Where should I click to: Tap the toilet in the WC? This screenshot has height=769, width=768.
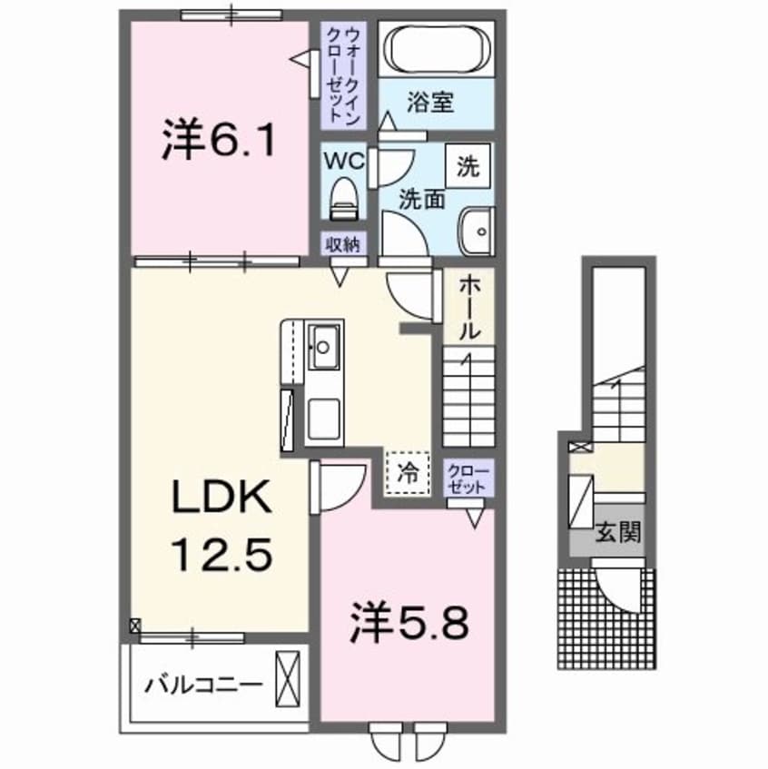(x=343, y=197)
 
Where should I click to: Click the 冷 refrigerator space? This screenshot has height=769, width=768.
(x=407, y=472)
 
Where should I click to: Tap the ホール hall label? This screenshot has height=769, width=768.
(x=468, y=307)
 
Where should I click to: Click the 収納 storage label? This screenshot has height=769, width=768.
(x=342, y=243)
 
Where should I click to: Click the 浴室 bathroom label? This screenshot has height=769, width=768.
(x=428, y=102)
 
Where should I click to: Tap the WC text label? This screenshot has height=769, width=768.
(x=343, y=161)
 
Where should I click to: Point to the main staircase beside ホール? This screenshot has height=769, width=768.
(x=468, y=396)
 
